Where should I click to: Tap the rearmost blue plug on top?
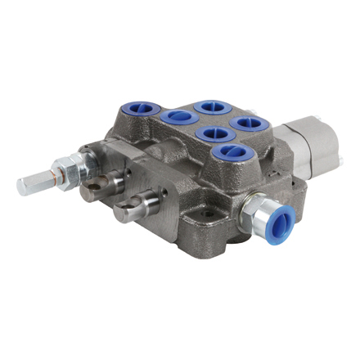(205, 105)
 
